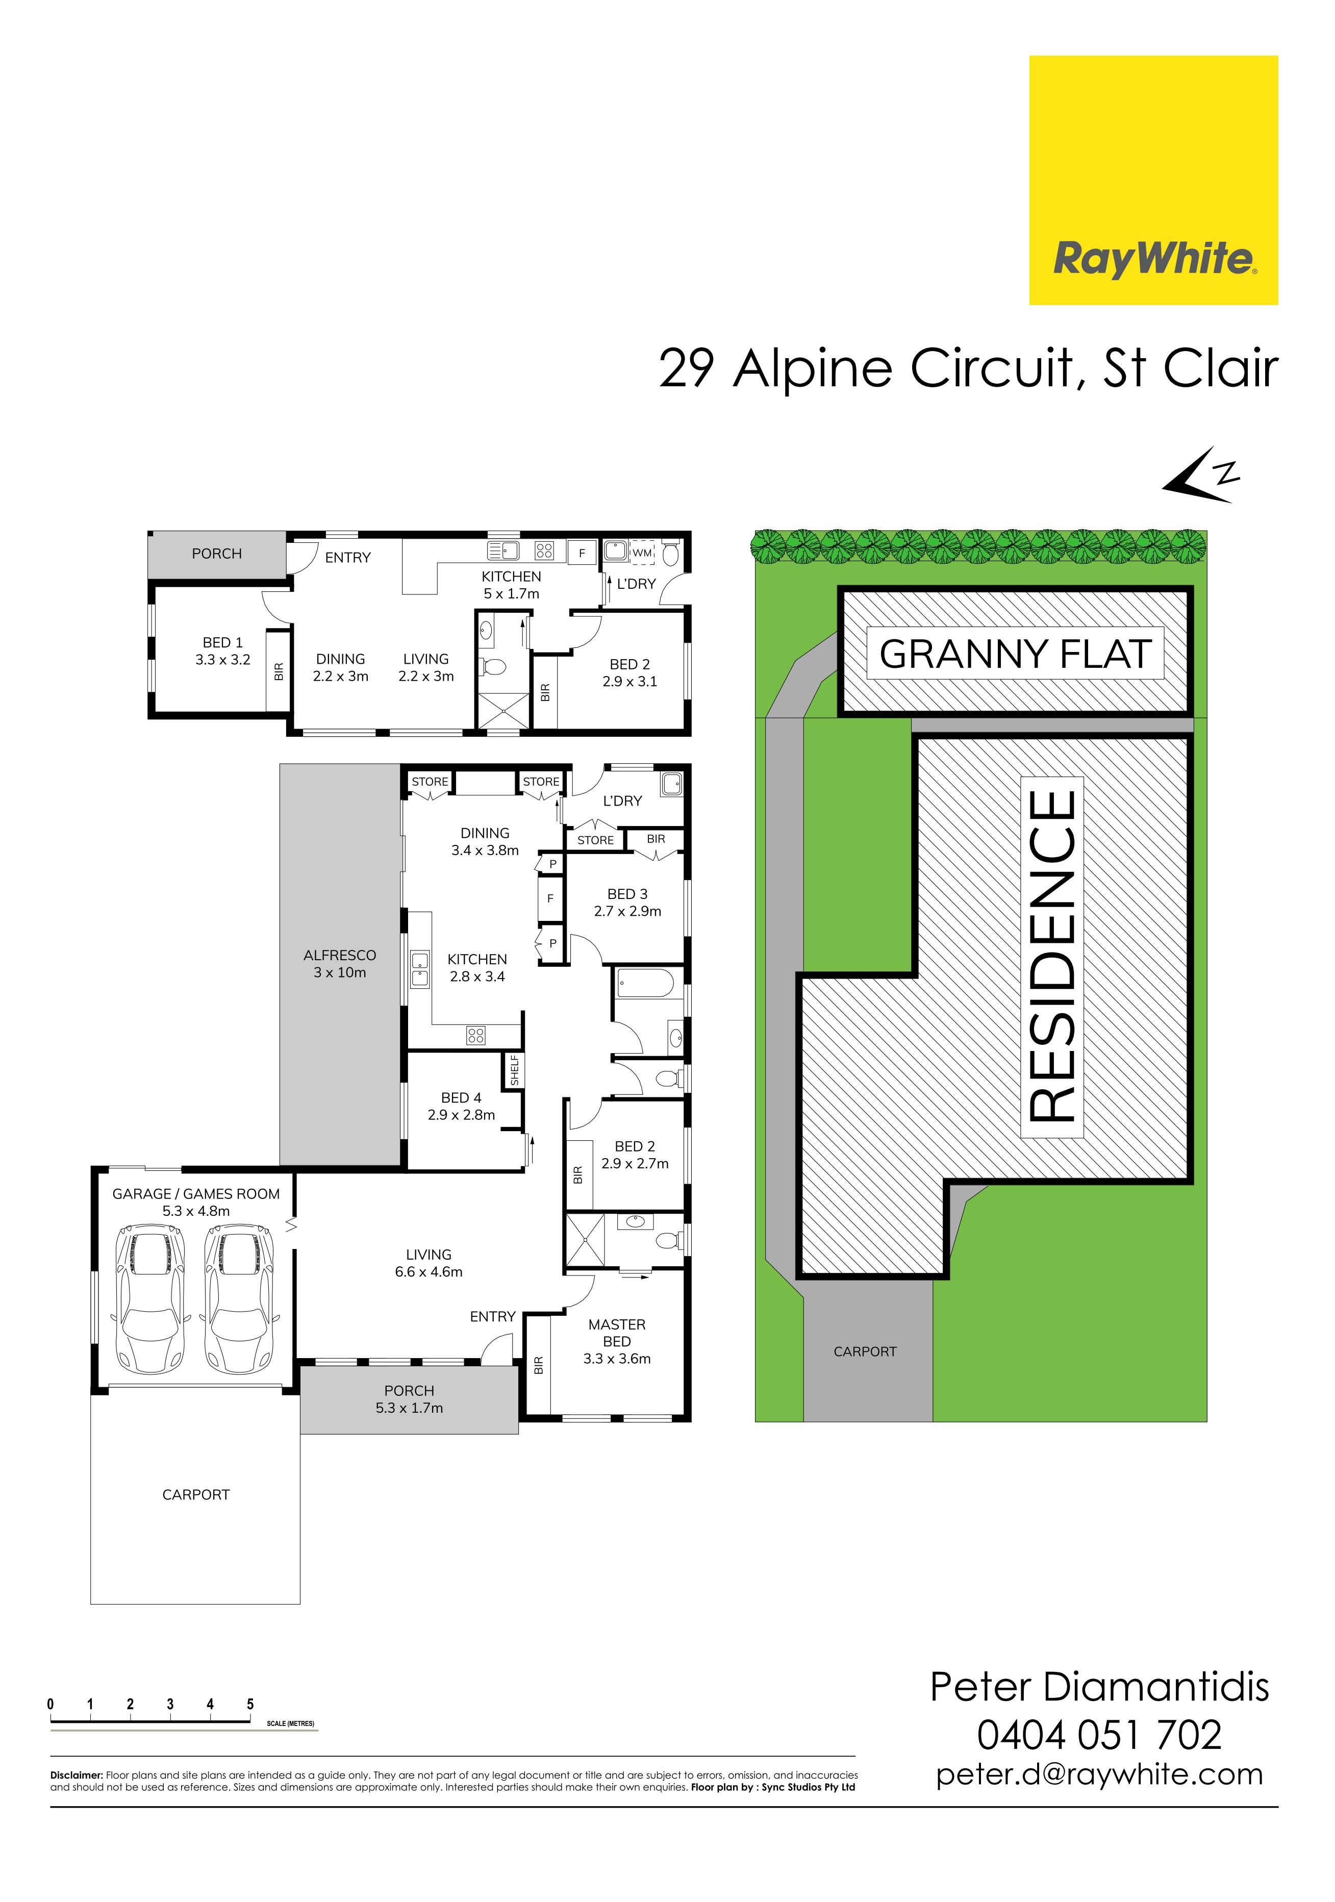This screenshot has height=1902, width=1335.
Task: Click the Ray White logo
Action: pos(1153,180)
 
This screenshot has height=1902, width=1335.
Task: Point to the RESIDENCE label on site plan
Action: pos(1052,956)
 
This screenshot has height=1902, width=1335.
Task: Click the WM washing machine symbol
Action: pos(643,553)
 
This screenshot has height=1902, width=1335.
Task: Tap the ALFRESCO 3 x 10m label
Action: pos(340,963)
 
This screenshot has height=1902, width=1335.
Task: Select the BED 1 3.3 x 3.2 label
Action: pos(223,650)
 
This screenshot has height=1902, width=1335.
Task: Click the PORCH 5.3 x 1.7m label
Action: pos(409,1399)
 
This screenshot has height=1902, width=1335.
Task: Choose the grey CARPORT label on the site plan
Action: pos(865,1351)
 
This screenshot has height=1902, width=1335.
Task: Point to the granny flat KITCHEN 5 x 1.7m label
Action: pos(512,585)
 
